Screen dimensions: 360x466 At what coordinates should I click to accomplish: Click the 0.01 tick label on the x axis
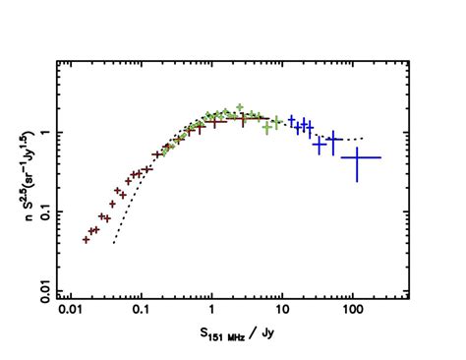point(70,312)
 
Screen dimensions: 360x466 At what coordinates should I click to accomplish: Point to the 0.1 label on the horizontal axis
point(141,312)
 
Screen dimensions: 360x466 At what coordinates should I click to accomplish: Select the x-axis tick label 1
point(211,312)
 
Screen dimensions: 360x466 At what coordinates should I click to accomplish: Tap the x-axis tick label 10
point(282,312)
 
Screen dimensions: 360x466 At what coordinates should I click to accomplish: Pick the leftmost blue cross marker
point(292,119)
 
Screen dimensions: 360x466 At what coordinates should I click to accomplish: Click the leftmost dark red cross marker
point(87,239)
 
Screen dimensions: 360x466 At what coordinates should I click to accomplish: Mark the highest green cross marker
point(239,106)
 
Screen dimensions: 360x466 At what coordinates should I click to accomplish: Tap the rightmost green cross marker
point(278,122)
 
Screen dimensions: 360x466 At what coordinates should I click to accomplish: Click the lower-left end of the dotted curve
point(114,243)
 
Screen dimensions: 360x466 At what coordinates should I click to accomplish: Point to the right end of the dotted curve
point(365,138)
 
